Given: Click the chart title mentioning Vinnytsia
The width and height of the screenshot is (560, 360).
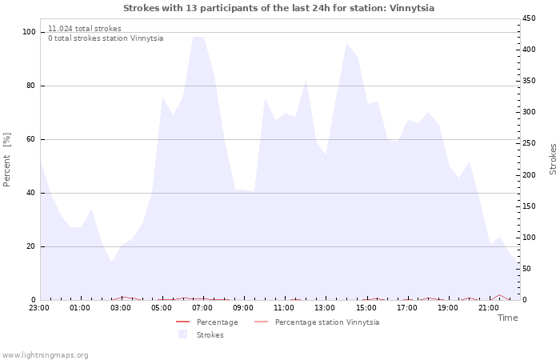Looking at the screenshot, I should tap(279, 8).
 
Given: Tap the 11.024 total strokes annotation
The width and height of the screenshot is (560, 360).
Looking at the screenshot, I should tap(85, 29).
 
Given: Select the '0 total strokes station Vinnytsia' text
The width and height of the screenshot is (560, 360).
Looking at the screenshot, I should tap(106, 38).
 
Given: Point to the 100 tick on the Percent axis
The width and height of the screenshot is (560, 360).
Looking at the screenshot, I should tap(30, 32).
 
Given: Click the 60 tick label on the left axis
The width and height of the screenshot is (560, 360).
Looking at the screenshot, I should tap(31, 139).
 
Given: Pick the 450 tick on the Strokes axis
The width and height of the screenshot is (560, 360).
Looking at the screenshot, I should tap(530, 18).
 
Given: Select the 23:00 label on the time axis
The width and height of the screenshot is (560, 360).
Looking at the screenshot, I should tap(39, 307).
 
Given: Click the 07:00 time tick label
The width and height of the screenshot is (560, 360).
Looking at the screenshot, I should tap(202, 307).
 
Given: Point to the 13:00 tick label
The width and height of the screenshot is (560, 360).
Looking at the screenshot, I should tap(325, 307).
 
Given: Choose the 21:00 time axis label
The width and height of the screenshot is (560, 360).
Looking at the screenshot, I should tap(488, 307).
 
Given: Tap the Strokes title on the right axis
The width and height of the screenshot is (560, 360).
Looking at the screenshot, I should tap(553, 158).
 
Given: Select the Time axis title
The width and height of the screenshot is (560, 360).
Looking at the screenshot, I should tap(507, 318).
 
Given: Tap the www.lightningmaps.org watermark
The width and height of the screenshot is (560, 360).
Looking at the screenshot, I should tap(46, 354).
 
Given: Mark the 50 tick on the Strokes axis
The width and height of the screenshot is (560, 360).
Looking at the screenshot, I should tap(528, 269).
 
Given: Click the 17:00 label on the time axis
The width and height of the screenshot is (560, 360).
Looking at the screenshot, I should tap(406, 307).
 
